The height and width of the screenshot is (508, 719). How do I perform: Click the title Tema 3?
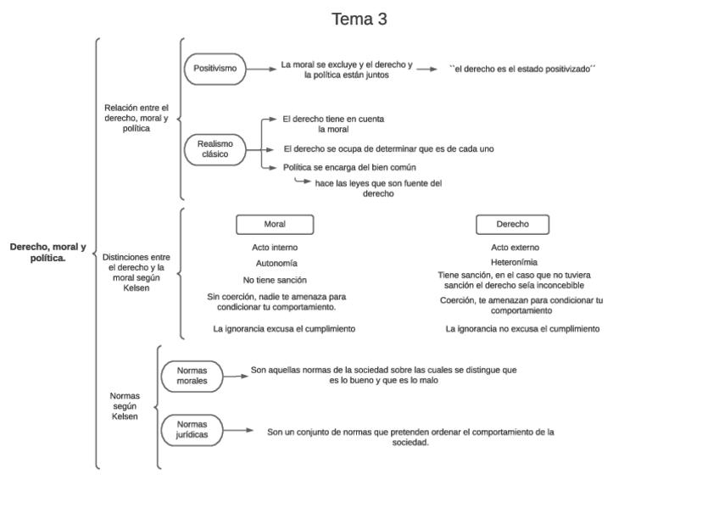(359, 20)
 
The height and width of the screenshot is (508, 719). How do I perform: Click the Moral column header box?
(274, 225)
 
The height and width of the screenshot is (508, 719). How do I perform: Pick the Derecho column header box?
(512, 225)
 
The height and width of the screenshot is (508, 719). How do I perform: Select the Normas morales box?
(192, 375)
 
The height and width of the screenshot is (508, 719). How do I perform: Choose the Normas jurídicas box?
(192, 429)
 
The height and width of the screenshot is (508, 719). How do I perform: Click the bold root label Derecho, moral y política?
(48, 252)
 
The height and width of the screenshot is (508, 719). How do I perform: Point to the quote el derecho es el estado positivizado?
(522, 69)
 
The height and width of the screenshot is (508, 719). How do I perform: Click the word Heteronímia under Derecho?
(514, 263)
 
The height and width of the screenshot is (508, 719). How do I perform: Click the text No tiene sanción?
(275, 279)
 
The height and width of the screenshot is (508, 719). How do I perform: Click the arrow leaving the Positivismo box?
(259, 69)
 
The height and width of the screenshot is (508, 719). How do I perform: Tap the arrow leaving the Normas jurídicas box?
(238, 430)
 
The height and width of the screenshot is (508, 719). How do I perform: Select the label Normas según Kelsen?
(125, 406)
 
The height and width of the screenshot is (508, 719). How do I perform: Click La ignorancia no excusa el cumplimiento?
(522, 328)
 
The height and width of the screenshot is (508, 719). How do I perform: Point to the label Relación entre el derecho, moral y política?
(137, 118)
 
